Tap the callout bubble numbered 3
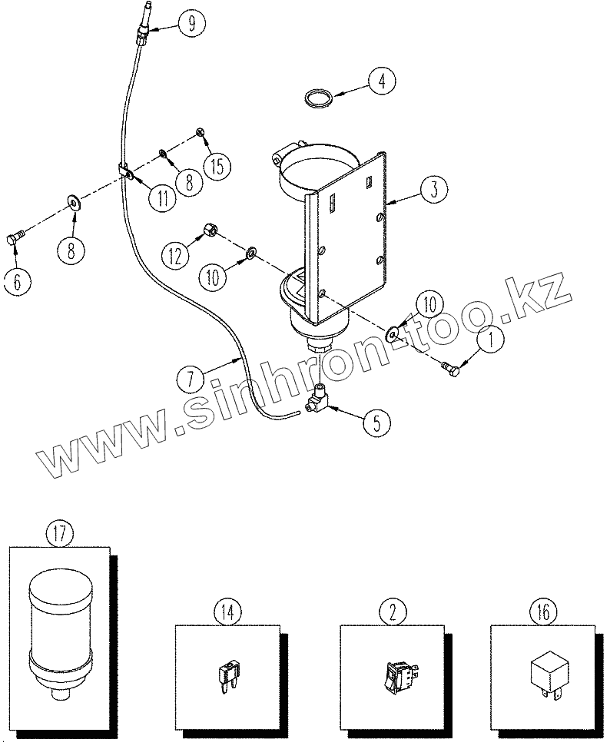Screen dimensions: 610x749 point(434,189)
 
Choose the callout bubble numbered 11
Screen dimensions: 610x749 point(163,197)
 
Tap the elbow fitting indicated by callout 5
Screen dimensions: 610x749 point(317,399)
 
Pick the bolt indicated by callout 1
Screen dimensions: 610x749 point(452,371)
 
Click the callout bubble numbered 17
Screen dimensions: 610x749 point(60,533)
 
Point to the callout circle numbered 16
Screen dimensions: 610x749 point(542,612)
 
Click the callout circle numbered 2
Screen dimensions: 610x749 point(392,612)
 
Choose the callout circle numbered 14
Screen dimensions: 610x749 point(227,612)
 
